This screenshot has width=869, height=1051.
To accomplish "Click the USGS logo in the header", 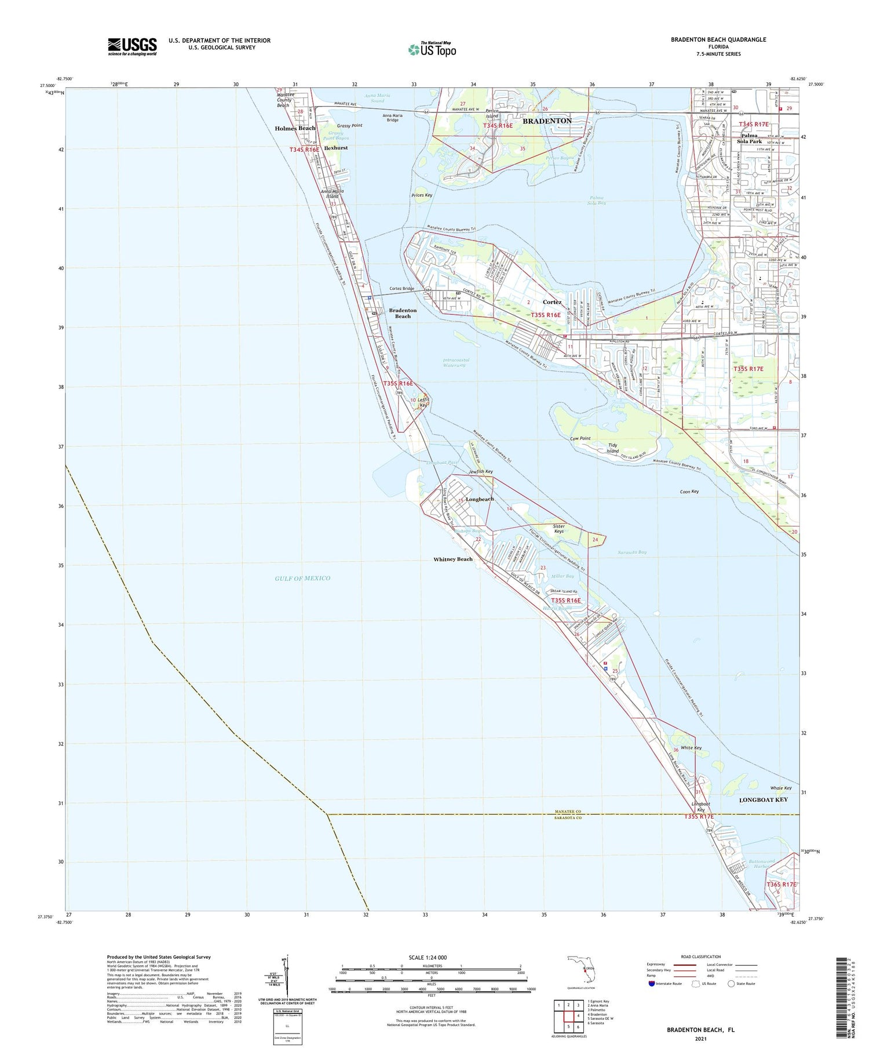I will [132, 46].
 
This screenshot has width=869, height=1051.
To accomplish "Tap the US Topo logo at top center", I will [432, 49].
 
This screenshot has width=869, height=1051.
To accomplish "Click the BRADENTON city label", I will [547, 121].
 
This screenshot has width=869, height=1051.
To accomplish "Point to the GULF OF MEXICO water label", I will [302, 578].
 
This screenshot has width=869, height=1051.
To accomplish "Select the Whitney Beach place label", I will [453, 559].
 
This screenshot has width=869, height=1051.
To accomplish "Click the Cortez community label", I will [552, 302].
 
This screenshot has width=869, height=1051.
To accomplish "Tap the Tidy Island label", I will [612, 448].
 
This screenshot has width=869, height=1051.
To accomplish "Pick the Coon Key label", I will [689, 492].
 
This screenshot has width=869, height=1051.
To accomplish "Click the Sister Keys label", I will [558, 529].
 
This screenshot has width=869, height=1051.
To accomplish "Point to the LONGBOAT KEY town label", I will [764, 799].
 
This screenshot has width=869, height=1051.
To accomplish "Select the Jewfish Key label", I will [481, 472].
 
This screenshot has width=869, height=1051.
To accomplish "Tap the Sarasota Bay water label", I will [632, 552].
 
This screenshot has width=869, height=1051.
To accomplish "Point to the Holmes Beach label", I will [295, 128].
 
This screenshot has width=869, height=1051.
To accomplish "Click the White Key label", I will [691, 748].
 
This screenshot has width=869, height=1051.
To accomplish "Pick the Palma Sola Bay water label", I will [597, 200].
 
